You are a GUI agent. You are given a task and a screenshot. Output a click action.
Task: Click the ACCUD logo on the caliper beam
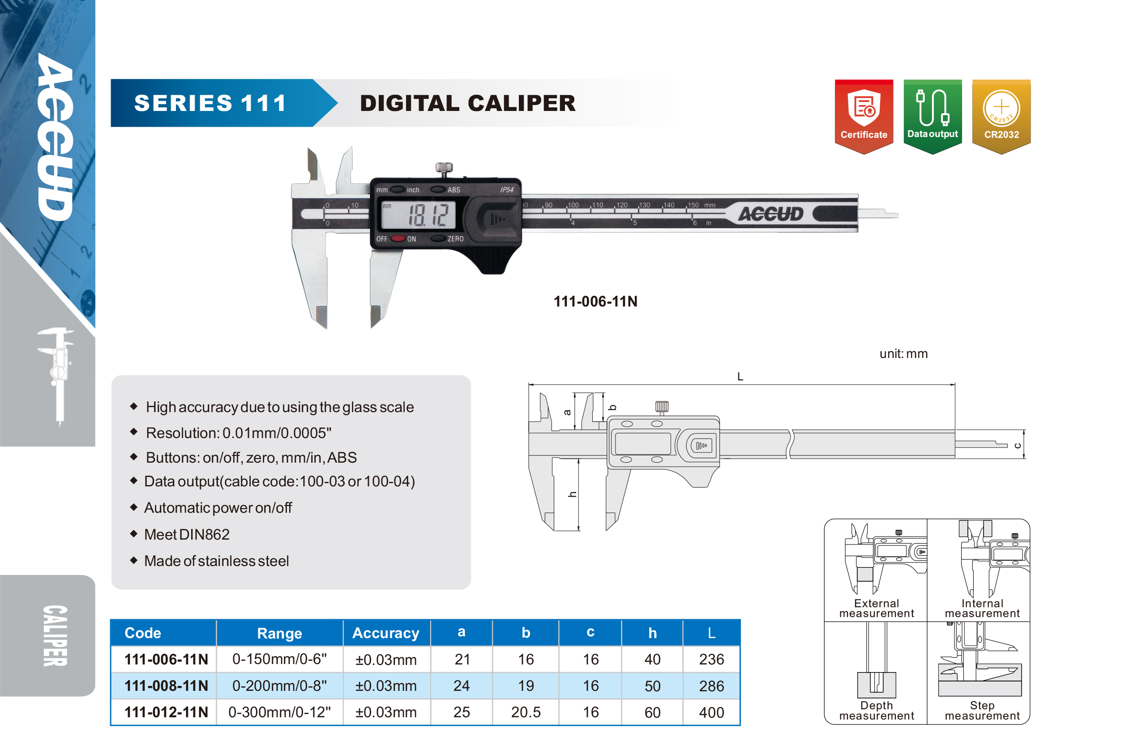tap(770, 213)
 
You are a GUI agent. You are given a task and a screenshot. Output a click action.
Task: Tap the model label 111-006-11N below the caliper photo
tap(595, 301)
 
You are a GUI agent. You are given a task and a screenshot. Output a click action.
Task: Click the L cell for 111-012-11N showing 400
tap(711, 712)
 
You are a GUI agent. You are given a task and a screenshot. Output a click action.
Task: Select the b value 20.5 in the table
tap(526, 712)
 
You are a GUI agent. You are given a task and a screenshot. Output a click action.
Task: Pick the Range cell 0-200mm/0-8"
tap(279, 685)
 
